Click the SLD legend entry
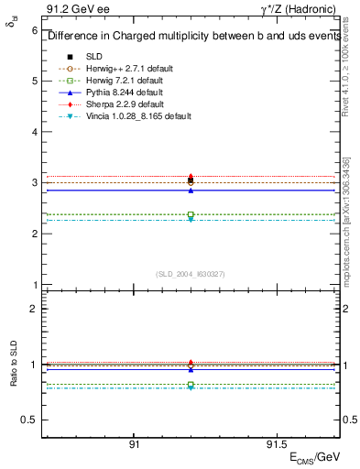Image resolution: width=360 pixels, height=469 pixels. [x=94, y=56]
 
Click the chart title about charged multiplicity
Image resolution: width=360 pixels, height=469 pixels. [x=191, y=37]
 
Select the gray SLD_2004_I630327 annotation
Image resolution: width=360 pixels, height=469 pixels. [x=191, y=274]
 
